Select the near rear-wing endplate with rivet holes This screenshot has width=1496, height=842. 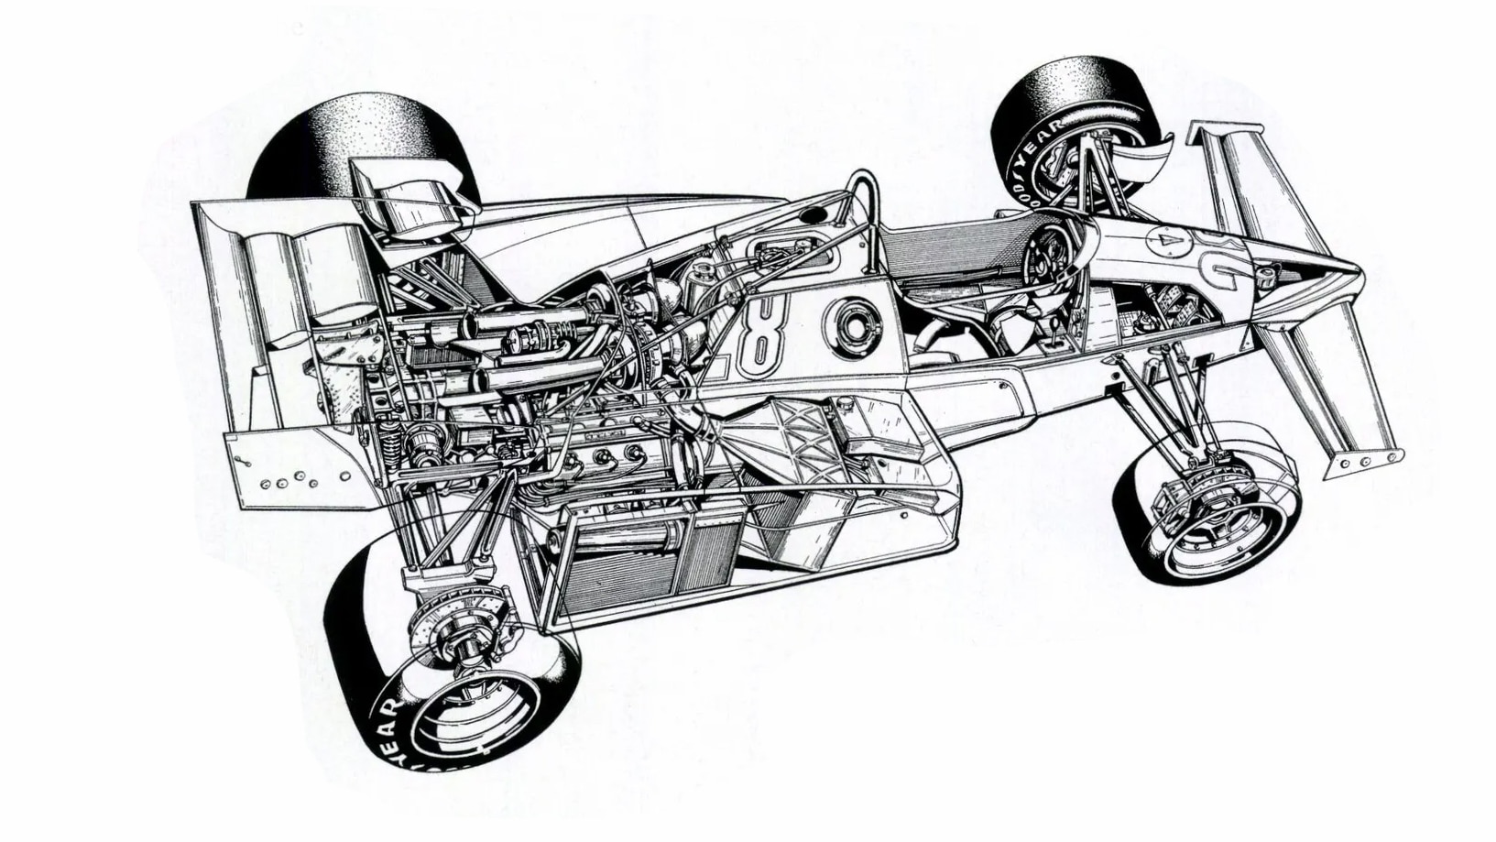pos(293,473)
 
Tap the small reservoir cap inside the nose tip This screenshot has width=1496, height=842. pos(1268,273)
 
